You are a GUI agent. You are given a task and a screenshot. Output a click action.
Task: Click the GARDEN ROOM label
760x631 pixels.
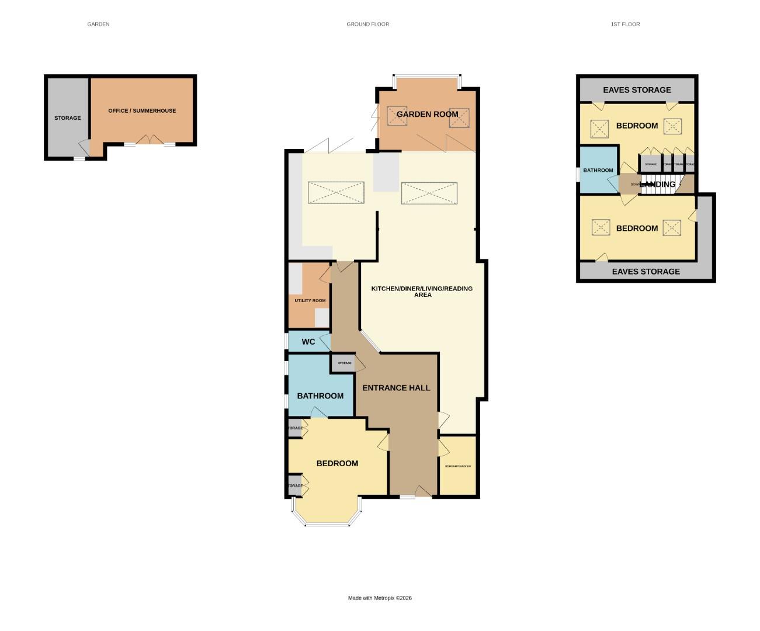pyautogui.click(x=427, y=115)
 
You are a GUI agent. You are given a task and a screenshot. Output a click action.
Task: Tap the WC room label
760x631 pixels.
pyautogui.click(x=308, y=342)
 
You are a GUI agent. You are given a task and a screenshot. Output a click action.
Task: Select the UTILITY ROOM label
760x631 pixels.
pyautogui.click(x=310, y=301)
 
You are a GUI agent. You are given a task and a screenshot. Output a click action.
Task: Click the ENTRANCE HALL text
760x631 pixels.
pyautogui.click(x=396, y=388)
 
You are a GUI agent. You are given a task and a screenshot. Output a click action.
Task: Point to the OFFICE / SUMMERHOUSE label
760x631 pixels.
pyautogui.click(x=142, y=111)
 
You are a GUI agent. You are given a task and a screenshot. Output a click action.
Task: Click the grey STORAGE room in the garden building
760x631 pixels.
pyautogui.click(x=68, y=118)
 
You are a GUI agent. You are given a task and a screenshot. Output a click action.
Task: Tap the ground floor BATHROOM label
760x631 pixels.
pyautogui.click(x=320, y=396)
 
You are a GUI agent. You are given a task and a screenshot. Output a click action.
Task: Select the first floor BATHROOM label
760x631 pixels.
pyautogui.click(x=598, y=171)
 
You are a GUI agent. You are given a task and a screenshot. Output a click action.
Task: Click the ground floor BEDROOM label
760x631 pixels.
pyautogui.click(x=337, y=463)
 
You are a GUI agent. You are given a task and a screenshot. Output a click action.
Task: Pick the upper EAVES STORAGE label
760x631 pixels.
pyautogui.click(x=637, y=90)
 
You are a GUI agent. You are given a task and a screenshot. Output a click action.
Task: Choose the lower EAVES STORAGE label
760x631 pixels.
pyautogui.click(x=646, y=272)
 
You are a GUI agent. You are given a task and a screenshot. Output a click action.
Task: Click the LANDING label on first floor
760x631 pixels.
pyautogui.click(x=658, y=185)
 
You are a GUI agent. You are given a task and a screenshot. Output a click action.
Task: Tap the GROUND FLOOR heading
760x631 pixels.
pyautogui.click(x=367, y=25)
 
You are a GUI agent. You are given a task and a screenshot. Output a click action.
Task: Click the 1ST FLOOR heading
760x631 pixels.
pyautogui.click(x=625, y=25)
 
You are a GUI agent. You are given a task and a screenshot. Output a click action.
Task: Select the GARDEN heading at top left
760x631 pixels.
pyautogui.click(x=98, y=25)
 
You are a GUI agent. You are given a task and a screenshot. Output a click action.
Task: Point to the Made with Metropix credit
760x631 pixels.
pyautogui.click(x=380, y=598)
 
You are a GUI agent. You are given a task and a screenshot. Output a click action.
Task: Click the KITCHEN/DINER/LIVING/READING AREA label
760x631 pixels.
pyautogui.click(x=422, y=292)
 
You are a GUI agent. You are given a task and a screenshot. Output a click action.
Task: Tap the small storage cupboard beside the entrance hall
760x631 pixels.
pyautogui.click(x=344, y=363)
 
